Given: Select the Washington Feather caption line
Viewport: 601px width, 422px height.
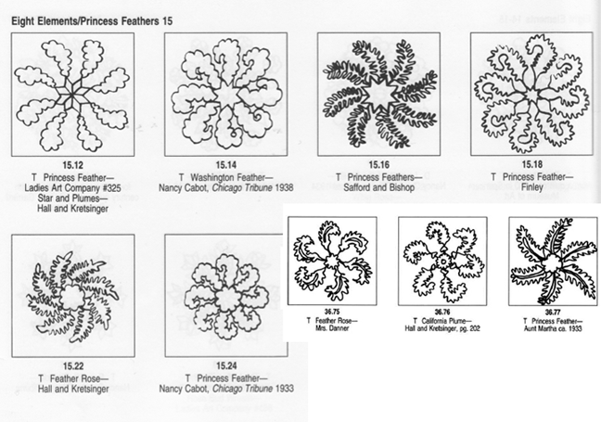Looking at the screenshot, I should [x=225, y=177].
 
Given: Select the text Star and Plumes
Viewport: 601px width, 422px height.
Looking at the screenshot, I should [x=72, y=196].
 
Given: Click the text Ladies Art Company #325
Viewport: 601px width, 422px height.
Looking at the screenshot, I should [x=72, y=186].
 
